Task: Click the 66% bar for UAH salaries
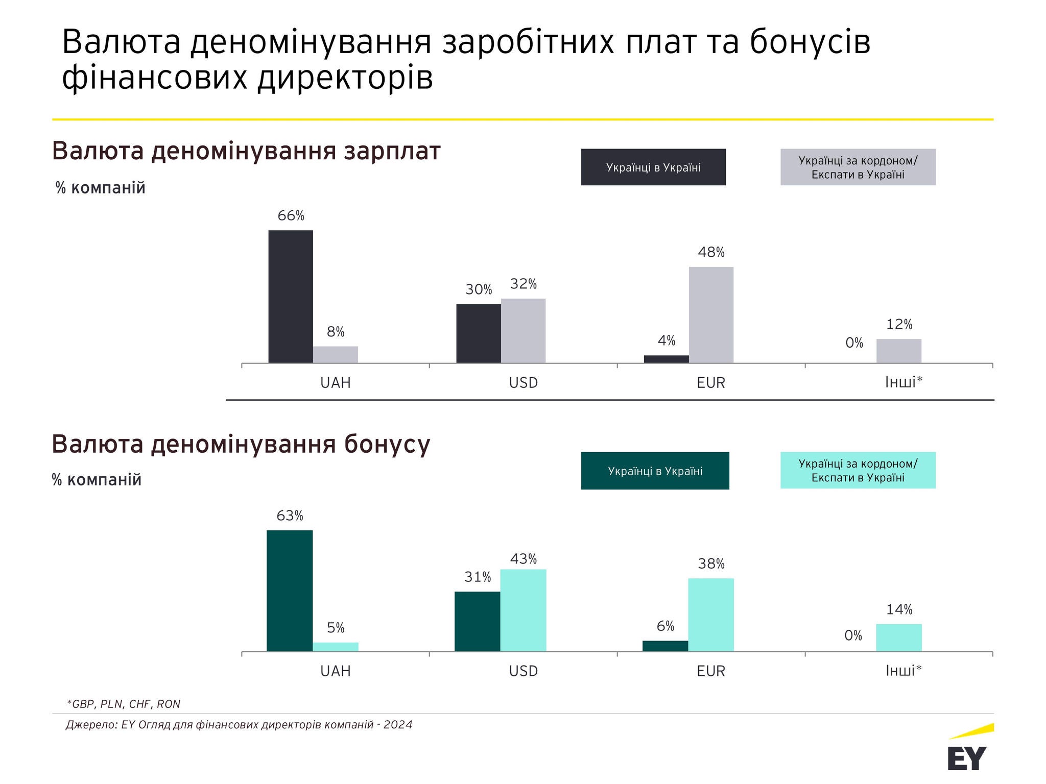291,297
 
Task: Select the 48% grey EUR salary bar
711,315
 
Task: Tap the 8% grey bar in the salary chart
336,355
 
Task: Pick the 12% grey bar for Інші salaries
899,351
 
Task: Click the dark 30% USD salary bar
479,333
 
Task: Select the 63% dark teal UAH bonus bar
290,591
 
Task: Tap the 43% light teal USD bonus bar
523,610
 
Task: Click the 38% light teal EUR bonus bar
711,615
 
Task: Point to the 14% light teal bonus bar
899,638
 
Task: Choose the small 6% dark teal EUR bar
665,646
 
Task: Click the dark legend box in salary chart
653,167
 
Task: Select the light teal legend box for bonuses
858,470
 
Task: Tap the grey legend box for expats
858,167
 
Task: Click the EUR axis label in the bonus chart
711,671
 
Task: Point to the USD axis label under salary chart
523,383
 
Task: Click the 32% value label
524,284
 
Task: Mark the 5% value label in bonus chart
336,628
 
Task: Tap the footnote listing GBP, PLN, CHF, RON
124,704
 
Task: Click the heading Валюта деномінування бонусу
241,444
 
